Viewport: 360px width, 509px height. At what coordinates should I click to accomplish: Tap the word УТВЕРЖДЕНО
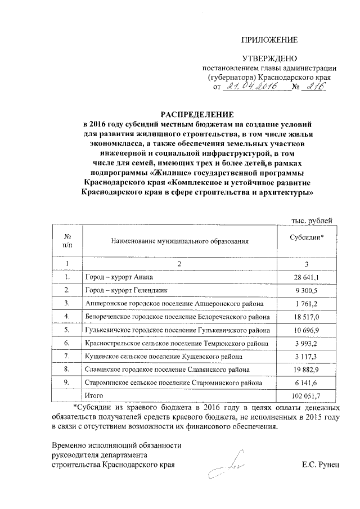click(x=269, y=59)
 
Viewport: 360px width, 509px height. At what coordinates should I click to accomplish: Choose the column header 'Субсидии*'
click(x=307, y=238)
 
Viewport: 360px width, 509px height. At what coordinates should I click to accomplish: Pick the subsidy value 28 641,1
click(x=307, y=277)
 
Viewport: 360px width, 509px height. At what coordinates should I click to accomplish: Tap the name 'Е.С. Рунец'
click(x=321, y=466)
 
